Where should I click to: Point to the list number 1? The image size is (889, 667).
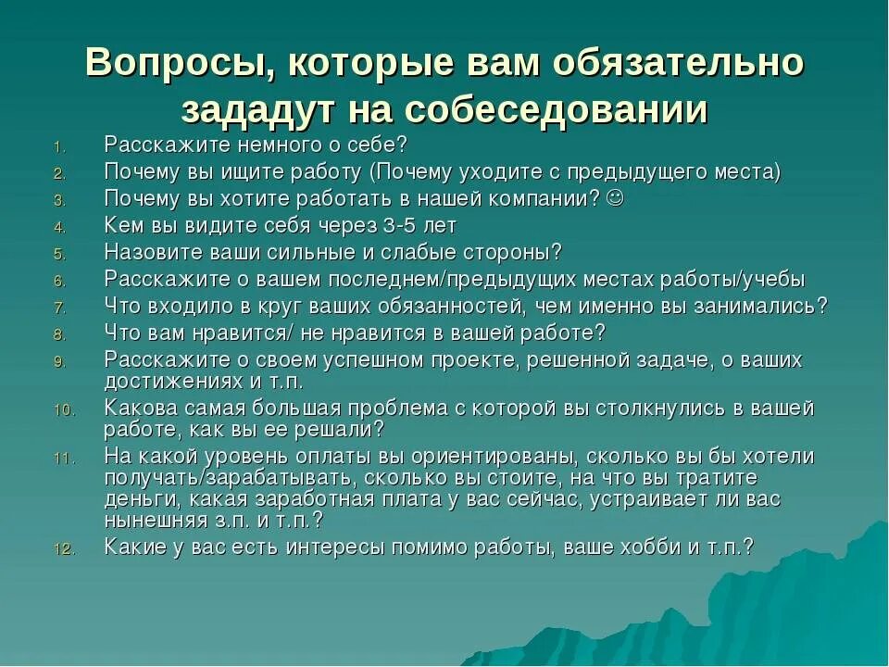click(x=57, y=146)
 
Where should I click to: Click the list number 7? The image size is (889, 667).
click(x=57, y=308)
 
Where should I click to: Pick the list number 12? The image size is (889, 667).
click(x=61, y=549)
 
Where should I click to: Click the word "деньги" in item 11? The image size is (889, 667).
click(x=139, y=499)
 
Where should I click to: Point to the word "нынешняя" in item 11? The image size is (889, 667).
click(x=151, y=520)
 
